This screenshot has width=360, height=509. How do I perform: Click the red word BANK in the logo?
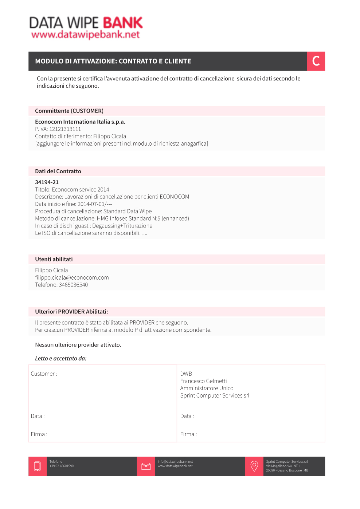tap(123, 23)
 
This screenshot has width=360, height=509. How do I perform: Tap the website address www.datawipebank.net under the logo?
tap(86, 35)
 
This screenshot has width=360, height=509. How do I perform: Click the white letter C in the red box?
tap(316, 61)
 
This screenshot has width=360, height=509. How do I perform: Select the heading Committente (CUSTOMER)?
tap(69, 111)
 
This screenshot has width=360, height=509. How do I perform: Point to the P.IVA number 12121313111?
tap(65, 129)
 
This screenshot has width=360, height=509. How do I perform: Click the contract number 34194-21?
tap(47, 182)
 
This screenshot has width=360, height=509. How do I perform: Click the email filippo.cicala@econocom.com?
tap(72, 277)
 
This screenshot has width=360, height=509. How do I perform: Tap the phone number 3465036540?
tap(73, 285)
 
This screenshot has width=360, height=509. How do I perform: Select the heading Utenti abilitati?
tap(54, 259)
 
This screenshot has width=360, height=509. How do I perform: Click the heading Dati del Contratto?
tap(58, 171)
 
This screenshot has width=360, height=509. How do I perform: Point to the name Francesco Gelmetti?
tap(203, 381)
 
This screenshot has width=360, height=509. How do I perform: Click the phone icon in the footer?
tap(38, 466)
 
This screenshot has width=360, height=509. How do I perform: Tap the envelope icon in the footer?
tap(146, 466)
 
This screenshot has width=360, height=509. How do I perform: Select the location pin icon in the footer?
tap(254, 466)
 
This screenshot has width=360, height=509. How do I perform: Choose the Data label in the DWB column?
tap(187, 416)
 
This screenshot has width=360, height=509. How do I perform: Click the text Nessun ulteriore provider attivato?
tap(78, 345)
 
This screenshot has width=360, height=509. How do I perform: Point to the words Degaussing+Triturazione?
tap(122, 226)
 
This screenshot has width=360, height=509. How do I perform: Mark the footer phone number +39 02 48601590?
tap(62, 466)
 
